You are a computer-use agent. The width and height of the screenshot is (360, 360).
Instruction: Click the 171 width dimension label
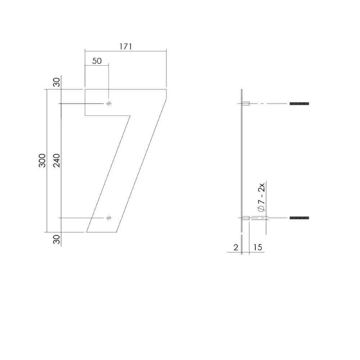[125, 46]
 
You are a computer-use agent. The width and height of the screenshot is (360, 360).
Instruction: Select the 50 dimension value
[97, 61]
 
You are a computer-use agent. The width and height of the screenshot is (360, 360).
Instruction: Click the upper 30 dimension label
[57, 83]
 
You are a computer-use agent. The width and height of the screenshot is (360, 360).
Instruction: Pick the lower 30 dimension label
[57, 239]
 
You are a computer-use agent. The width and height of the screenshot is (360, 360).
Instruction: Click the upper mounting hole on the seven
[109, 104]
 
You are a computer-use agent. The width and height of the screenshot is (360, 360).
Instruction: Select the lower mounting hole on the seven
[109, 218]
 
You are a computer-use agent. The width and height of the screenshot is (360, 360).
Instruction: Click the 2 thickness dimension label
[236, 247]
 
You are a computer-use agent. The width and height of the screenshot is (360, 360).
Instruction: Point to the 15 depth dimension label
[257, 247]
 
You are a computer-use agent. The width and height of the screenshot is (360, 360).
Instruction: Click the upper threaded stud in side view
[299, 104]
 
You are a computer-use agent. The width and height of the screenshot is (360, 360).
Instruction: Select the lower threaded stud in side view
[299, 218]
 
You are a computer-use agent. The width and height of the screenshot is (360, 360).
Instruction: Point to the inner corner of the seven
[130, 116]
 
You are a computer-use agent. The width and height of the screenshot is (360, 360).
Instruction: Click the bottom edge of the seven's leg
[101, 232]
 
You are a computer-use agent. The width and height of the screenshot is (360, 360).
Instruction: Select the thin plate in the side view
[242, 162]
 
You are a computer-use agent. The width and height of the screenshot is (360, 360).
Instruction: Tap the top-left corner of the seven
[85, 89]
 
